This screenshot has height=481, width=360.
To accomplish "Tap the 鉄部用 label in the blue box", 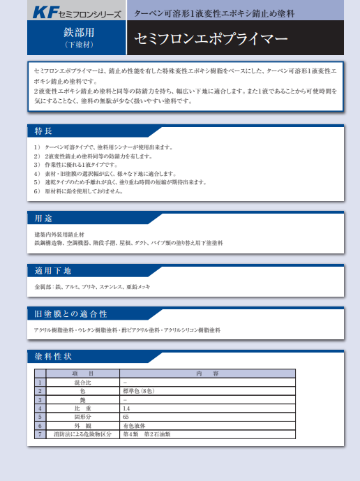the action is tap(77, 32).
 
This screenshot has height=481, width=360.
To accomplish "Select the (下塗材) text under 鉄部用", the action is tap(77, 45).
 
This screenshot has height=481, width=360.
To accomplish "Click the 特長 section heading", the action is tap(44, 131).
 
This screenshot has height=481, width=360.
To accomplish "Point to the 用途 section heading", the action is tap(44, 217).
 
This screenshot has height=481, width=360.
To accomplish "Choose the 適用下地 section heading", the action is tap(53, 271).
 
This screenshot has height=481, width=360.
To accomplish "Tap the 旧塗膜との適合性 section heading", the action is tap(71, 313).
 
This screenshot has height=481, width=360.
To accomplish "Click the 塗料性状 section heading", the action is tap(53, 356).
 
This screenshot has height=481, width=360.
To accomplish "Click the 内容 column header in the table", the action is tap(207, 373).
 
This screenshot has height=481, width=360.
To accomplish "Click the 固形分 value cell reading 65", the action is tap(126, 417).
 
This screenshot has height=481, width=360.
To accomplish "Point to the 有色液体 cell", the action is tap(134, 425).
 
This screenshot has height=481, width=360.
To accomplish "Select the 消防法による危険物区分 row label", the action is tap(82, 434).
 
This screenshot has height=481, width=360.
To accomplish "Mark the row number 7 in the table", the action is tap(40, 434).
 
